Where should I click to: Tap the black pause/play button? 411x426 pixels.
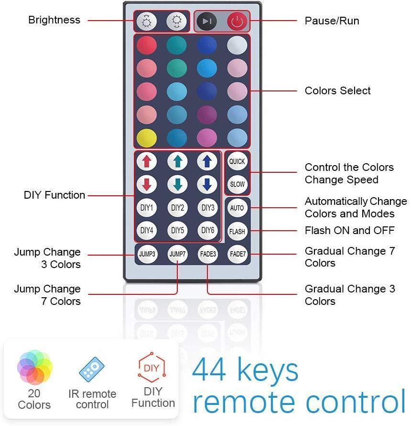point(206,22)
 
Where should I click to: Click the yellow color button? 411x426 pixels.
point(147,137)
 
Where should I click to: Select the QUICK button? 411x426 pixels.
point(237,161)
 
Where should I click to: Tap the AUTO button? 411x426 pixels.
point(237,208)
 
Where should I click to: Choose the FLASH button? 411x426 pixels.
point(237,231)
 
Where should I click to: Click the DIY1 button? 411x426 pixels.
point(147,208)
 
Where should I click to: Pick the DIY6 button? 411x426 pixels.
point(207,231)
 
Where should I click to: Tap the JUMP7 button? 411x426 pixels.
point(177,254)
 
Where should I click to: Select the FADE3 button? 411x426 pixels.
point(207,254)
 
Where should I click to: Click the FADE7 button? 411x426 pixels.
point(237,254)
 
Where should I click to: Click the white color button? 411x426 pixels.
point(237,45)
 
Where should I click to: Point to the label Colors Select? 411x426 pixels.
point(337,90)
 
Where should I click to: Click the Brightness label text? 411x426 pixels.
point(54,20)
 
